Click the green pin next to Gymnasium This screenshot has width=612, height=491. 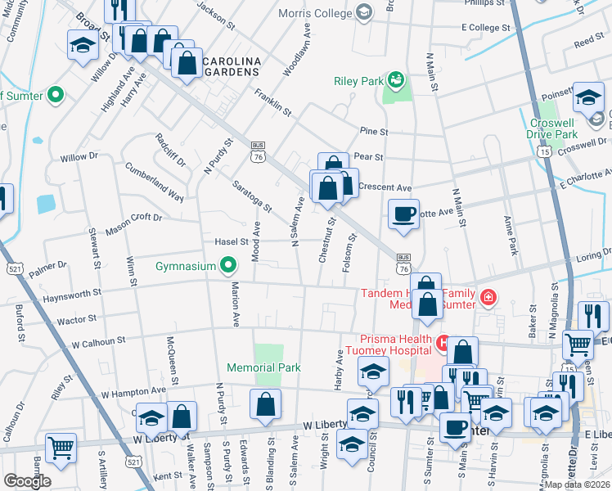point(230,266)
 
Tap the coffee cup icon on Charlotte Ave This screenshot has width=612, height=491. point(403,214)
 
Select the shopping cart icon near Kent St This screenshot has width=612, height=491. point(61,447)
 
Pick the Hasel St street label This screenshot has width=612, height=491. point(232,242)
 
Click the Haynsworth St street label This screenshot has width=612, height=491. point(72,291)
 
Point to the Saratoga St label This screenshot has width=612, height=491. point(251,192)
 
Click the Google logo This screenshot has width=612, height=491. point(26,480)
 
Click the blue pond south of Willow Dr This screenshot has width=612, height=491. point(46,202)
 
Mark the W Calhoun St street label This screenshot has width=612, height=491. point(98,340)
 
